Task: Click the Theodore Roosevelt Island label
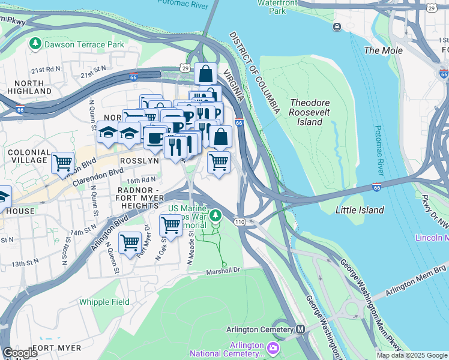pyautogui.click(x=310, y=112)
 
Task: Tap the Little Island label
pyautogui.click(x=360, y=210)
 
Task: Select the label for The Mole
pyautogui.click(x=384, y=50)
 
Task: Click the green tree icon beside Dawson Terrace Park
pyautogui.click(x=35, y=44)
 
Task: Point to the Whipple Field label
pyautogui.click(x=104, y=302)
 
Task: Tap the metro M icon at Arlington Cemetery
pyautogui.click(x=301, y=329)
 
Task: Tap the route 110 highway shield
pyautogui.click(x=240, y=222)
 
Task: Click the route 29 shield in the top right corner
pyautogui.click(x=431, y=7)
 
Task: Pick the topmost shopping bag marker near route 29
pyautogui.click(x=205, y=74)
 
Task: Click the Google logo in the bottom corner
pyautogui.click(x=19, y=353)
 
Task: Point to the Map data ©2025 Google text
pyautogui.click(x=411, y=355)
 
